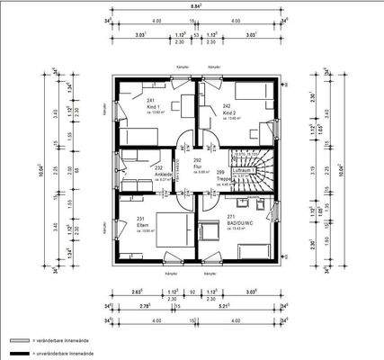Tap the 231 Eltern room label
141,221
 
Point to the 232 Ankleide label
158,170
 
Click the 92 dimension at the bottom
192,292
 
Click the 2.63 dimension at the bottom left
136,292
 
